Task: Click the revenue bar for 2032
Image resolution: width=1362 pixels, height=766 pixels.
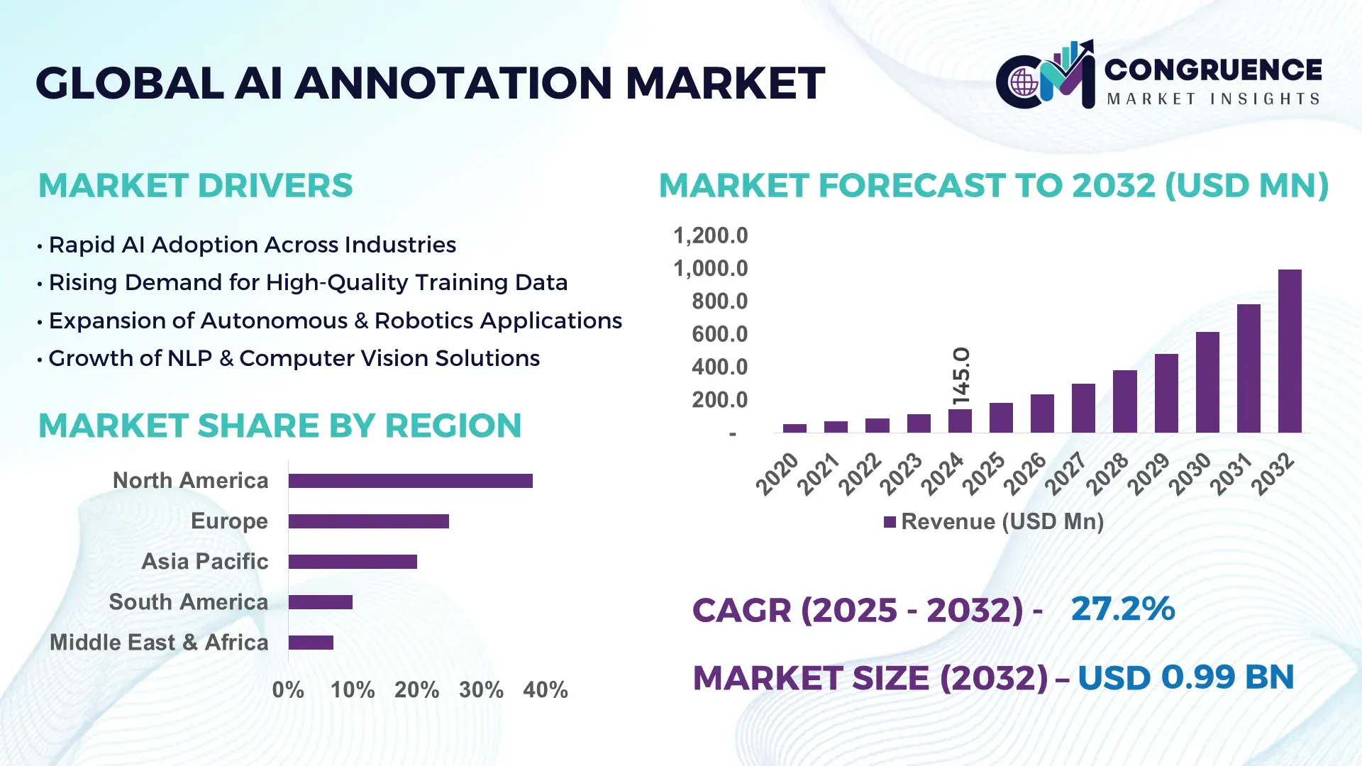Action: point(1290,351)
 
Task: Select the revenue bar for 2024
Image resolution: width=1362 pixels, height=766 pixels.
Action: point(960,421)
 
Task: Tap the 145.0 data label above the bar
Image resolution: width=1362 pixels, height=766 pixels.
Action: point(961,376)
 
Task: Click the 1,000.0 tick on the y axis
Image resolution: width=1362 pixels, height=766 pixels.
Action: point(710,269)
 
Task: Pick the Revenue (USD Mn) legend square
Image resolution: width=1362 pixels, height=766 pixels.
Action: point(890,522)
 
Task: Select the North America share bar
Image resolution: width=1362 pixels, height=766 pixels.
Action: point(410,481)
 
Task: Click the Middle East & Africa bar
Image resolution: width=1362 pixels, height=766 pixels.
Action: point(311,643)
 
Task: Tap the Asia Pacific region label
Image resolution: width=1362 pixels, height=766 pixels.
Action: point(204,562)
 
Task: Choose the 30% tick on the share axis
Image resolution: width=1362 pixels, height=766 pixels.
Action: point(481,690)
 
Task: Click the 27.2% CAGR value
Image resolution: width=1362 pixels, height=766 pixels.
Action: point(1122,609)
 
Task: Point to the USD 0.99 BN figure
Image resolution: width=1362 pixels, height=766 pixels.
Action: point(1185,677)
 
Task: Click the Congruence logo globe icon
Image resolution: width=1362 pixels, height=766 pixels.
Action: point(1024,83)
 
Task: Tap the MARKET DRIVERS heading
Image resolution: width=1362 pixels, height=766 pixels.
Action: point(195,186)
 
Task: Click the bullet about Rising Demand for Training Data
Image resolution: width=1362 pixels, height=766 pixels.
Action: point(308,283)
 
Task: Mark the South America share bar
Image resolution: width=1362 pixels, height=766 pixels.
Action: point(321,602)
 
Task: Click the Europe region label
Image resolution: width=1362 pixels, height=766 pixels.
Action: point(229,521)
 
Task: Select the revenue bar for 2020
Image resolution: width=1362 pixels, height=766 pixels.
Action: point(794,428)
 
